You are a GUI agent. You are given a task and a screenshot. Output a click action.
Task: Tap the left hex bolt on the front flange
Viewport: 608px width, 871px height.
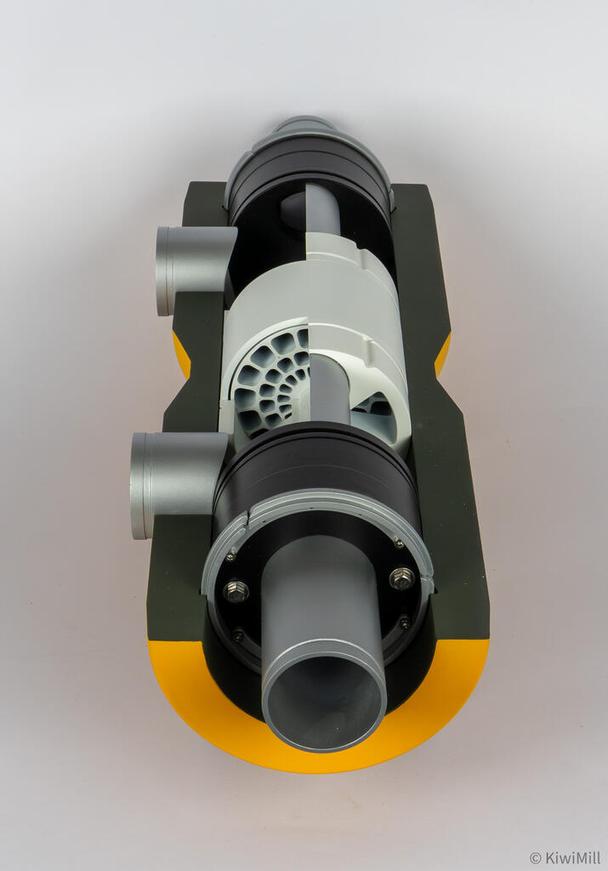[x=236, y=589]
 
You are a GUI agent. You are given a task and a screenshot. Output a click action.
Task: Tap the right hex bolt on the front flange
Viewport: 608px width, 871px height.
[x=401, y=578]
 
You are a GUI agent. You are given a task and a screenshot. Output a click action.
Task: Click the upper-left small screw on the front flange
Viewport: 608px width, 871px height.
[x=230, y=556]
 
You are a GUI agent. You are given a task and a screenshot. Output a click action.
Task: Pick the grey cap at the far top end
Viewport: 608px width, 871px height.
[x=304, y=126]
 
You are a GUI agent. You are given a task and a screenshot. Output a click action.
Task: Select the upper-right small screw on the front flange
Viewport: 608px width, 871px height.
[x=398, y=542]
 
